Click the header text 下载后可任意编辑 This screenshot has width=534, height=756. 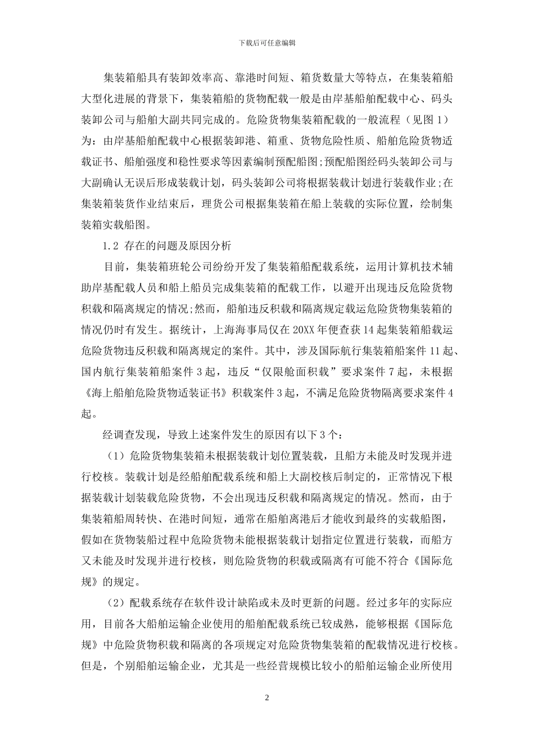(x=267, y=43)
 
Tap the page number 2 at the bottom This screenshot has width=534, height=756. (x=267, y=698)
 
